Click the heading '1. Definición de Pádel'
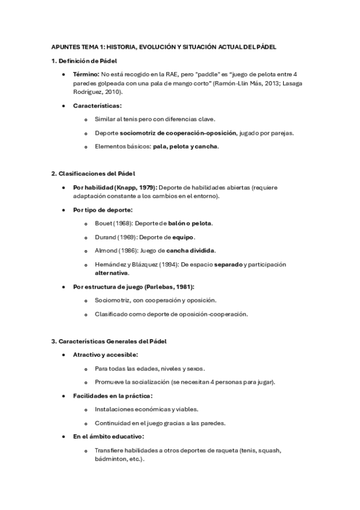(84, 61)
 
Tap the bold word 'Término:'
(88, 73)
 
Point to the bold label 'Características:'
(97, 106)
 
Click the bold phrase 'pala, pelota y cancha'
(185, 146)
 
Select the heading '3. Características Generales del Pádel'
(109, 342)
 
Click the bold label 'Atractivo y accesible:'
(105, 355)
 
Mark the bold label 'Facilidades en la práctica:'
(112, 396)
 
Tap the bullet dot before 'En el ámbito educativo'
(64, 437)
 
